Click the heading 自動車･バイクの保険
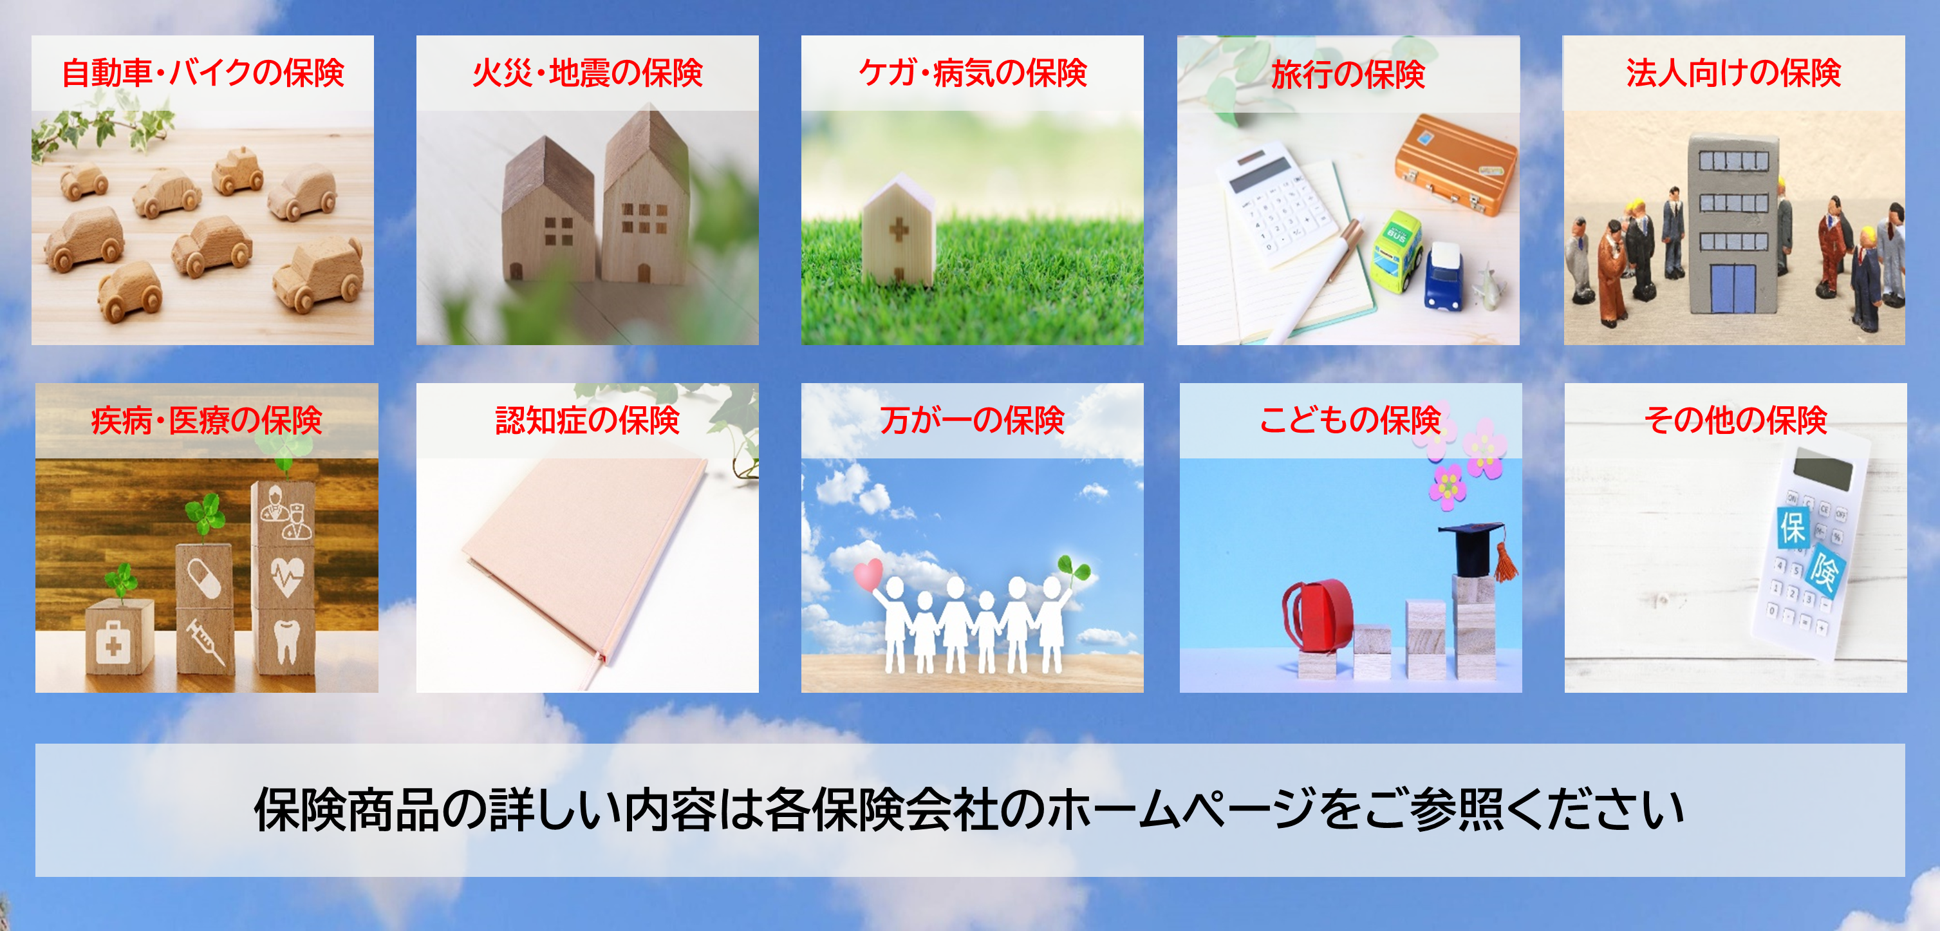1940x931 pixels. [203, 73]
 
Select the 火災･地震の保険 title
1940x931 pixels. [588, 73]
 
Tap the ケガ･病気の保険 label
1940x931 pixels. [973, 73]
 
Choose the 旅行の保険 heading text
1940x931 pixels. [1348, 75]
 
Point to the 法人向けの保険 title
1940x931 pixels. [1733, 73]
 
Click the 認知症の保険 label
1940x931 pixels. [588, 420]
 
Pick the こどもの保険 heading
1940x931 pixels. [1350, 420]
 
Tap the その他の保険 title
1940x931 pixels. [1735, 420]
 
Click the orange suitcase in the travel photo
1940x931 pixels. [1455, 164]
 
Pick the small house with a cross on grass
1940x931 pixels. [899, 230]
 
